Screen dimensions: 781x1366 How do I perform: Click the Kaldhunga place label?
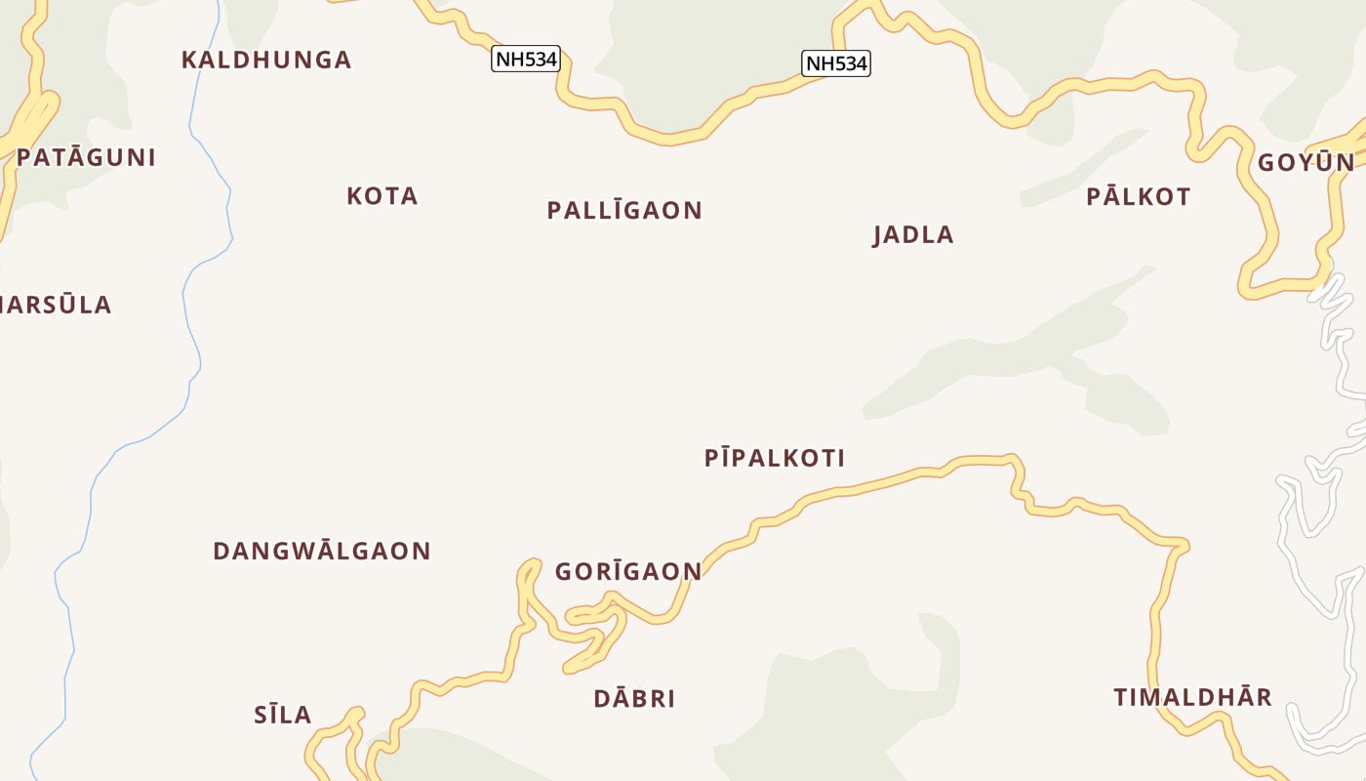click(x=266, y=60)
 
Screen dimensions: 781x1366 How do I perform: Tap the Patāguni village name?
click(x=86, y=157)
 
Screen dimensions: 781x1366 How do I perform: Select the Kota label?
click(x=382, y=196)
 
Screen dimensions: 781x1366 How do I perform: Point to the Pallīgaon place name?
click(x=624, y=210)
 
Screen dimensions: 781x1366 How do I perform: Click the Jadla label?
click(x=913, y=234)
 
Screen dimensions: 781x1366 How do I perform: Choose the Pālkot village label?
click(x=1139, y=196)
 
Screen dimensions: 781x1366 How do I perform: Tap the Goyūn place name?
click(x=1306, y=162)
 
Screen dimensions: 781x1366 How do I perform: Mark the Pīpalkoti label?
click(x=775, y=458)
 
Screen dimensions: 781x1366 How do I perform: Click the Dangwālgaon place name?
click(x=322, y=551)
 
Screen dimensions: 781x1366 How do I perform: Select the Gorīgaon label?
click(x=628, y=571)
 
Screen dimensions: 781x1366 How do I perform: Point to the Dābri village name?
click(x=634, y=699)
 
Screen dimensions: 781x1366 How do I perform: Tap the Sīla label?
click(x=283, y=715)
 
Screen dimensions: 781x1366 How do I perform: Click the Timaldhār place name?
click(x=1193, y=697)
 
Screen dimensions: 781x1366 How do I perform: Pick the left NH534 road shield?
click(x=526, y=59)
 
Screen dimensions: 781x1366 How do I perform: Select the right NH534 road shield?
click(x=836, y=63)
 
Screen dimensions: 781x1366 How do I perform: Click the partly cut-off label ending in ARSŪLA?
click(x=56, y=305)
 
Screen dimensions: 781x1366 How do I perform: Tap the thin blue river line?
click(x=185, y=293)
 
